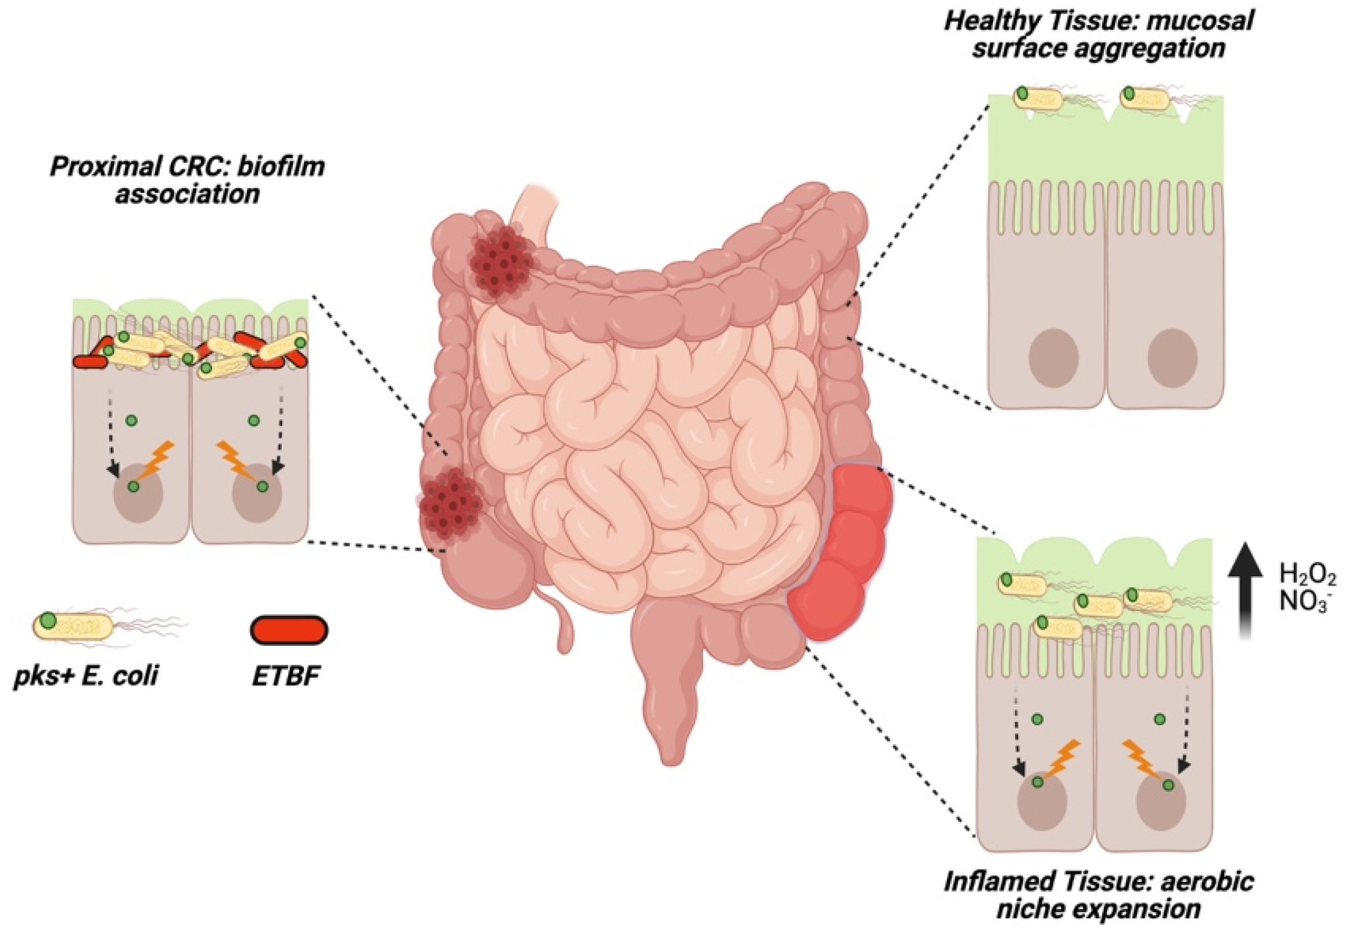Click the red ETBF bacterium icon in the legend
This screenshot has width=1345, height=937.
(x=289, y=630)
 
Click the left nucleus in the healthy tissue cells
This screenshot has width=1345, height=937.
(x=1054, y=358)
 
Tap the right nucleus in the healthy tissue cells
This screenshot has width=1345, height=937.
(x=1172, y=358)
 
